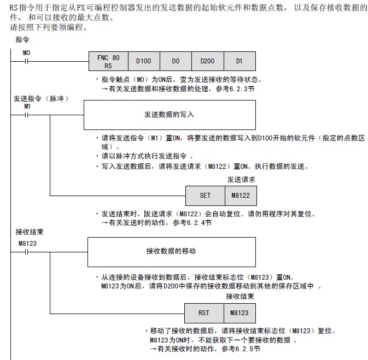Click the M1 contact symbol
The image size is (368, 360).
(x=26, y=115)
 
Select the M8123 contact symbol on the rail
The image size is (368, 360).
(x=26, y=252)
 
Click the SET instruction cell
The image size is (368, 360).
(x=205, y=195)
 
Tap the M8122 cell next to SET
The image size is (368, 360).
(x=240, y=195)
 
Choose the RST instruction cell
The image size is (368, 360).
(x=204, y=313)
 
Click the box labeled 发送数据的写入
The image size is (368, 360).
(x=169, y=115)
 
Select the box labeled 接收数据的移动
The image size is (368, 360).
(x=169, y=251)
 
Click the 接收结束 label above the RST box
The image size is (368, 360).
(x=240, y=297)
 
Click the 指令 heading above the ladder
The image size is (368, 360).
(x=22, y=40)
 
